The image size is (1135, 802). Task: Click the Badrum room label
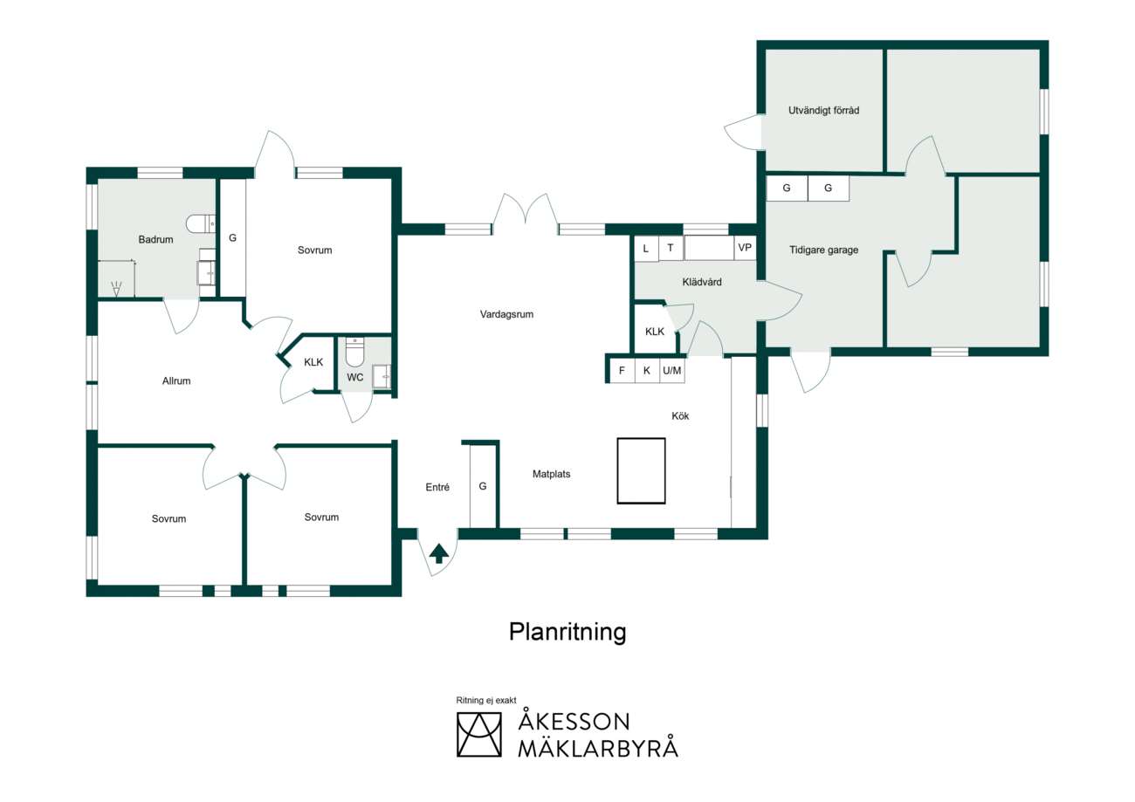[155, 239]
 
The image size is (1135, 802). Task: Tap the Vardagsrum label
[506, 314]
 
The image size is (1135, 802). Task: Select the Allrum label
[176, 380]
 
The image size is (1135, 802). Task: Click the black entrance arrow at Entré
[439, 553]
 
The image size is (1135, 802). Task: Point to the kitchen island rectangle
[641, 471]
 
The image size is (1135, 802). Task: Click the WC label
[354, 377]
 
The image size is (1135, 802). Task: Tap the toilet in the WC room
[354, 352]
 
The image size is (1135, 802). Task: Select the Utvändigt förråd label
[823, 110]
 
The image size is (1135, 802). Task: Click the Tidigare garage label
[823, 250]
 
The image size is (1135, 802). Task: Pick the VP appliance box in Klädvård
[745, 248]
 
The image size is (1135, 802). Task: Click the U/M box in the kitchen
[672, 371]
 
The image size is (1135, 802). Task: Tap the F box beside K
[622, 371]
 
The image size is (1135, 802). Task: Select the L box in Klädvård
[646, 249]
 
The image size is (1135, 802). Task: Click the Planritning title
[567, 633]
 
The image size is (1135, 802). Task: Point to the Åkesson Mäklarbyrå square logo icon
[478, 735]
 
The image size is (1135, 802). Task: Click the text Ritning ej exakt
[486, 700]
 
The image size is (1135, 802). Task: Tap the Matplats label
[551, 475]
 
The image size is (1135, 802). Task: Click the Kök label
[680, 416]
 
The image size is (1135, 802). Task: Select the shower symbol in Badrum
[116, 289]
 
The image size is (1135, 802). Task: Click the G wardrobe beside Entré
[483, 487]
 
